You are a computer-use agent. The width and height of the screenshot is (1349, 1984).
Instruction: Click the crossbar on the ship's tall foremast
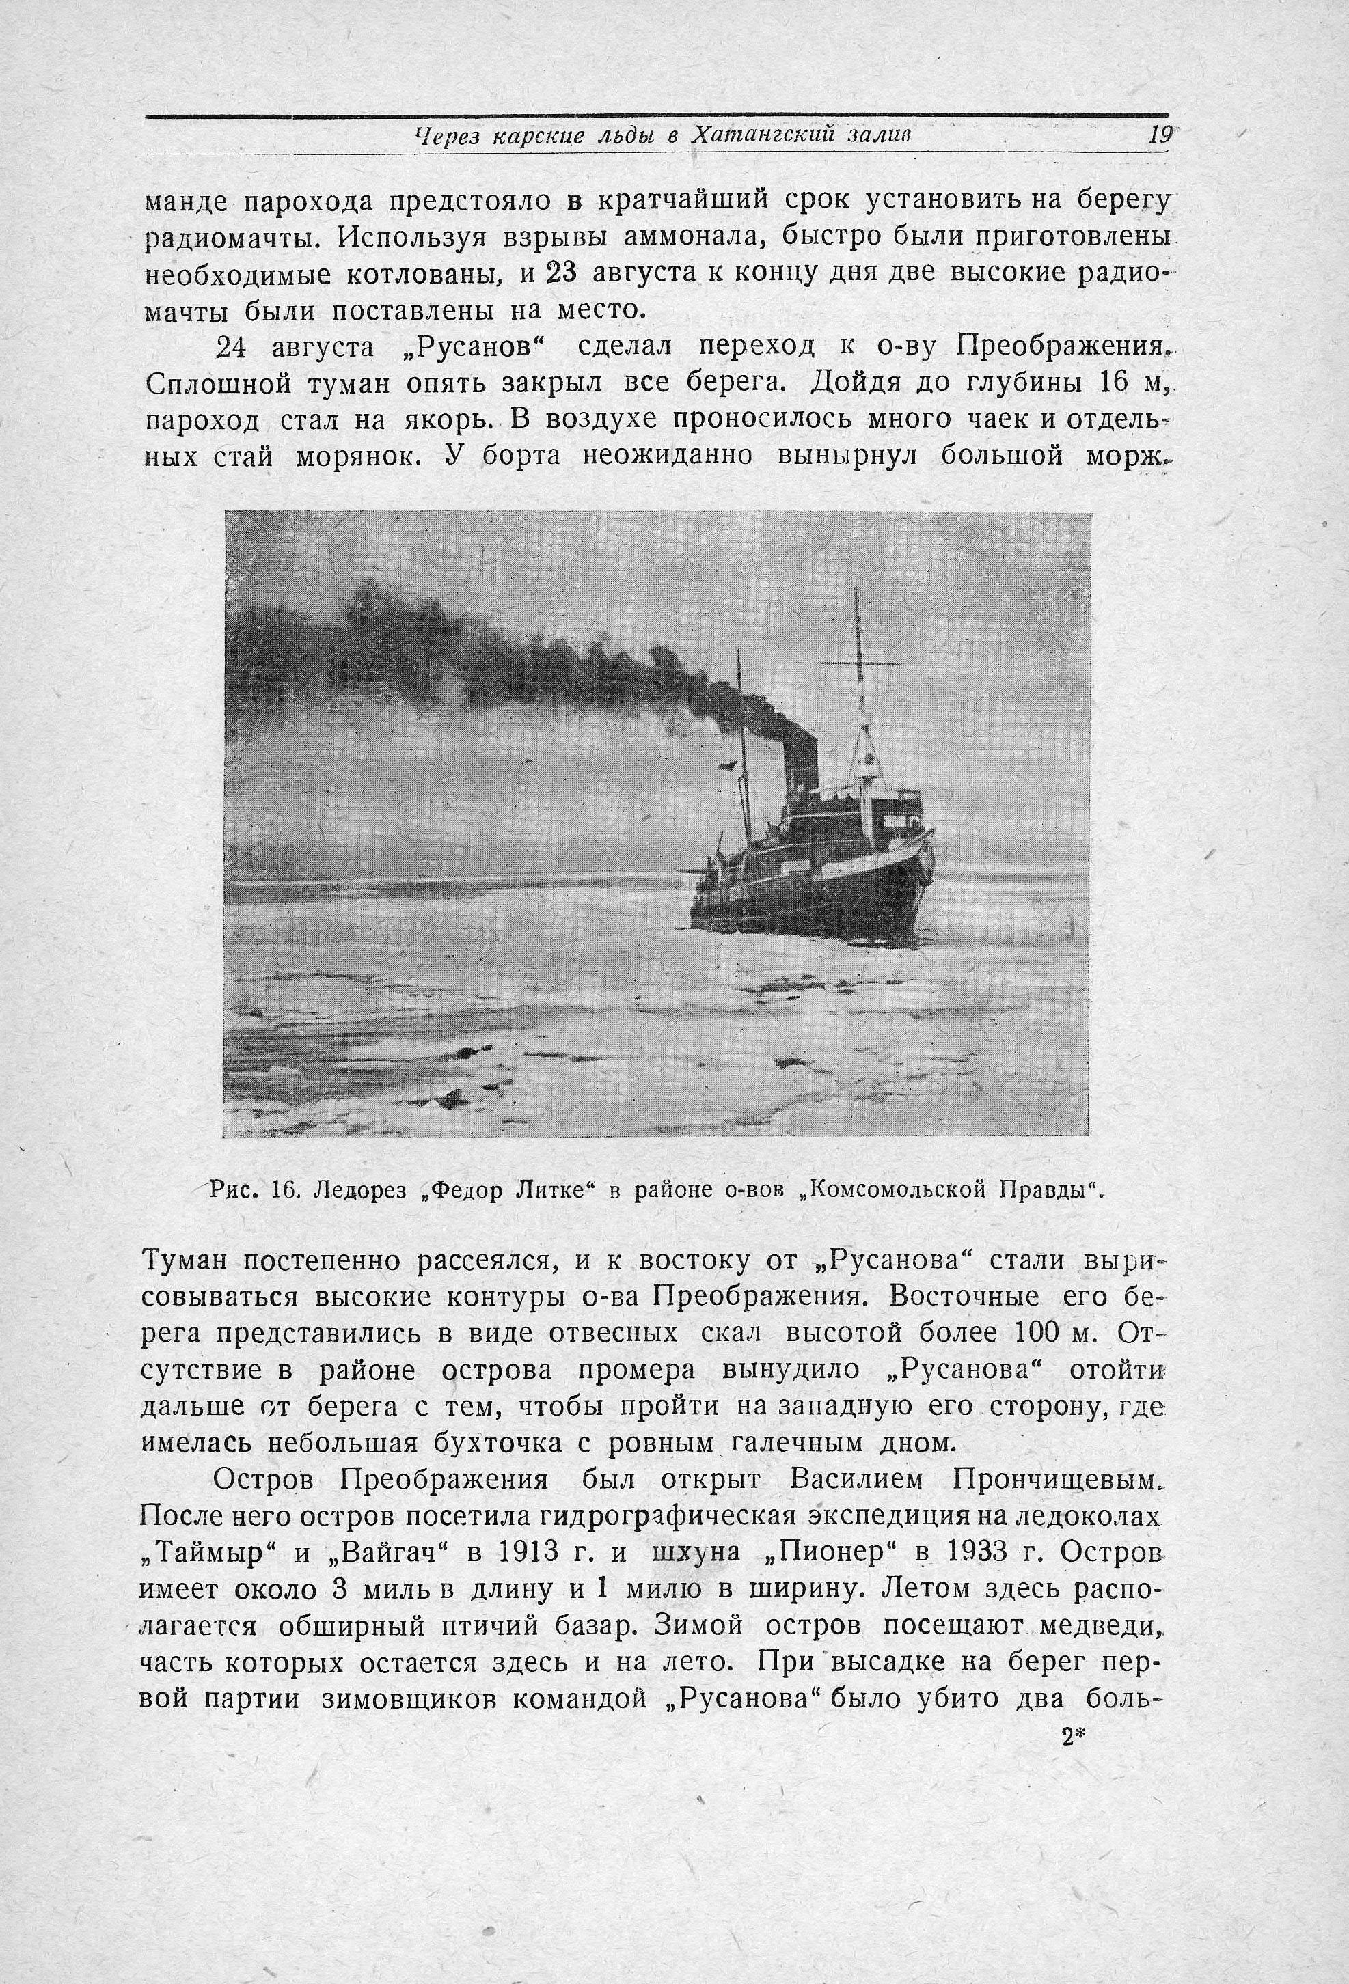860,663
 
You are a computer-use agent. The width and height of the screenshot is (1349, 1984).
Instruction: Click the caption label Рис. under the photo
236,1189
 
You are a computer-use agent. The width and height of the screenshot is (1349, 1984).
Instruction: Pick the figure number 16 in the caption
284,1189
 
